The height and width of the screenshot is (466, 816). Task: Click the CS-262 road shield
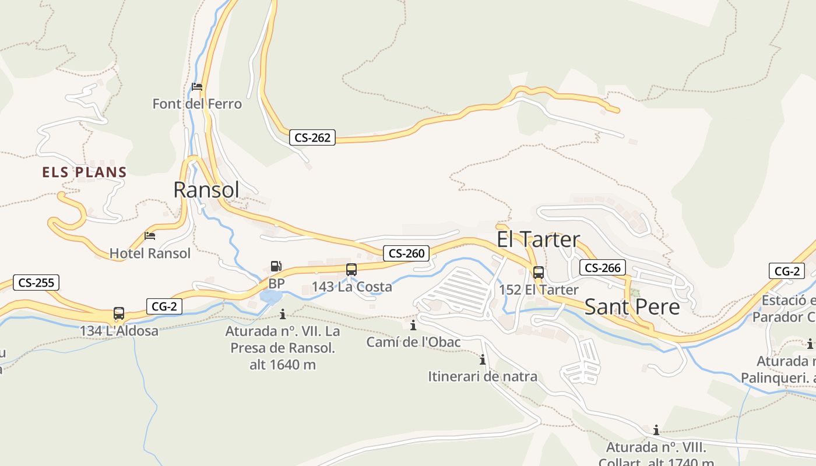click(x=312, y=137)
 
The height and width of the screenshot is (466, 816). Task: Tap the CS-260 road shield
click(x=406, y=253)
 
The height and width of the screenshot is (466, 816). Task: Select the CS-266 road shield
click(x=603, y=267)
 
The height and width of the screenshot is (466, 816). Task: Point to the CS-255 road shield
click(x=36, y=283)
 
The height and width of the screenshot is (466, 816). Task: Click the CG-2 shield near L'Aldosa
click(x=164, y=306)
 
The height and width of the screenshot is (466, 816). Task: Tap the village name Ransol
click(x=206, y=190)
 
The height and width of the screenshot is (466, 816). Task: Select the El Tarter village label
click(x=538, y=239)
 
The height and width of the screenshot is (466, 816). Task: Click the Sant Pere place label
click(x=632, y=307)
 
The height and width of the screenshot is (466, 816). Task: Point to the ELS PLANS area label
click(x=85, y=172)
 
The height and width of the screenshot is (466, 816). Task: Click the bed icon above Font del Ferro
click(x=197, y=87)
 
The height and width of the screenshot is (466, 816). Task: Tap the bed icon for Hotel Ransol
click(x=150, y=236)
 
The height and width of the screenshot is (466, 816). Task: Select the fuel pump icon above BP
click(x=276, y=266)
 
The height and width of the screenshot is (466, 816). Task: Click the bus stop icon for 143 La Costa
click(x=351, y=269)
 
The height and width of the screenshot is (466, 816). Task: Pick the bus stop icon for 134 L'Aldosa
click(x=119, y=313)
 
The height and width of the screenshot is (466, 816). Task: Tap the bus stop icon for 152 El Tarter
click(x=539, y=272)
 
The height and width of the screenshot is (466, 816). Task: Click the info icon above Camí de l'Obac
click(x=413, y=325)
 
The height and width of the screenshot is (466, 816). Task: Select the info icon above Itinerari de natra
click(x=483, y=359)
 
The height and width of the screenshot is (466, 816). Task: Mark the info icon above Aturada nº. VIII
click(x=656, y=430)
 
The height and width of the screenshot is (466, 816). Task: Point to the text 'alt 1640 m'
click(x=283, y=365)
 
